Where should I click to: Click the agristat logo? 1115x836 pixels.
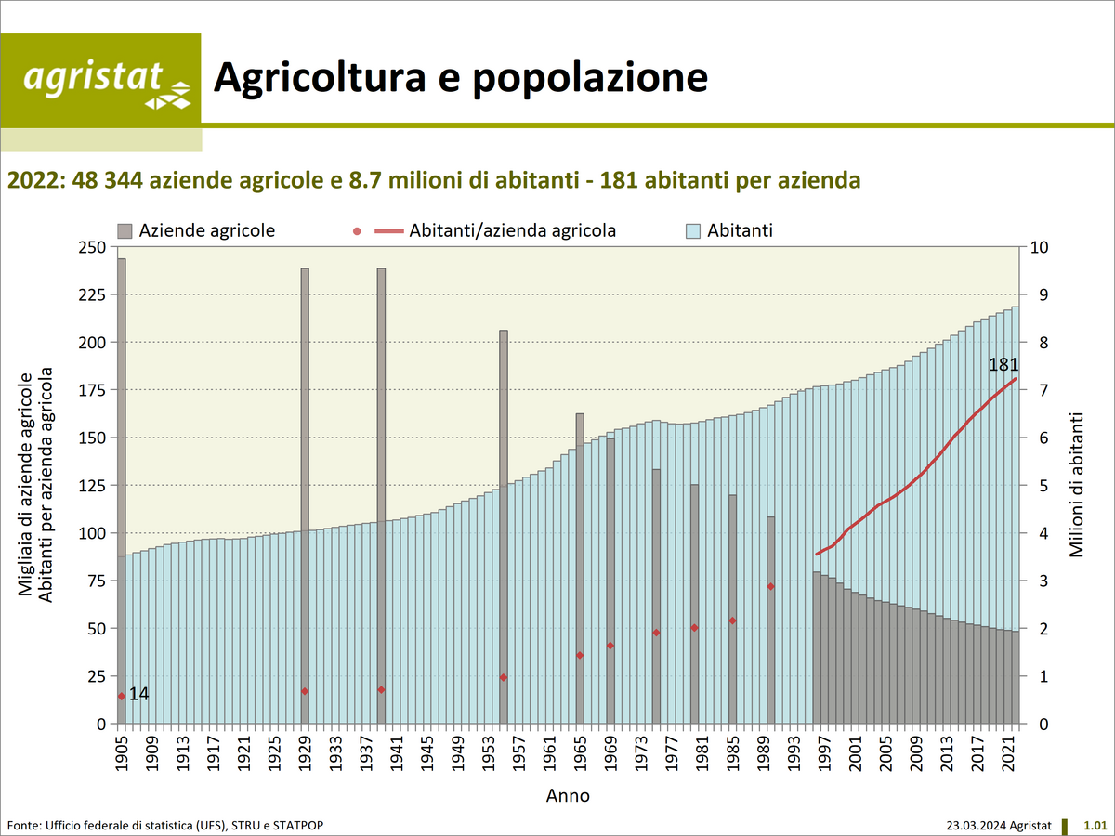click(100, 80)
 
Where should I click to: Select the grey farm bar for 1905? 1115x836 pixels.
click(122, 464)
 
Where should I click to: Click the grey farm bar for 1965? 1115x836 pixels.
click(580, 557)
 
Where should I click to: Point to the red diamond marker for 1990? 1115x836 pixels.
click(770, 586)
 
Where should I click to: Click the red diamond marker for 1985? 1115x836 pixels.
click(732, 620)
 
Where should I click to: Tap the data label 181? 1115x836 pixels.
click(1003, 365)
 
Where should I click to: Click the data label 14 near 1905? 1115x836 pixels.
click(138, 694)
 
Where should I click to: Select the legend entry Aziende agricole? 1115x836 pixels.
click(196, 230)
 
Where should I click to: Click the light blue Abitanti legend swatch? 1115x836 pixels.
click(691, 230)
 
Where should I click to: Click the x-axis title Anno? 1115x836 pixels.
click(567, 796)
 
